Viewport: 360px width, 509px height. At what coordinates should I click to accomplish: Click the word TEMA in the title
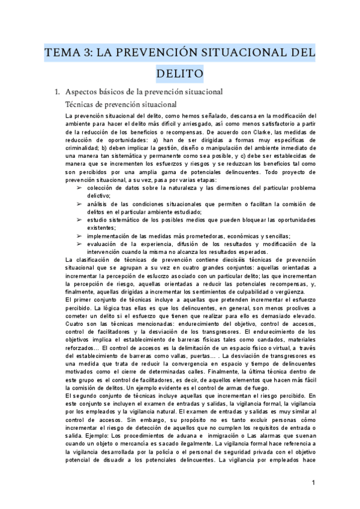(65, 53)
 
